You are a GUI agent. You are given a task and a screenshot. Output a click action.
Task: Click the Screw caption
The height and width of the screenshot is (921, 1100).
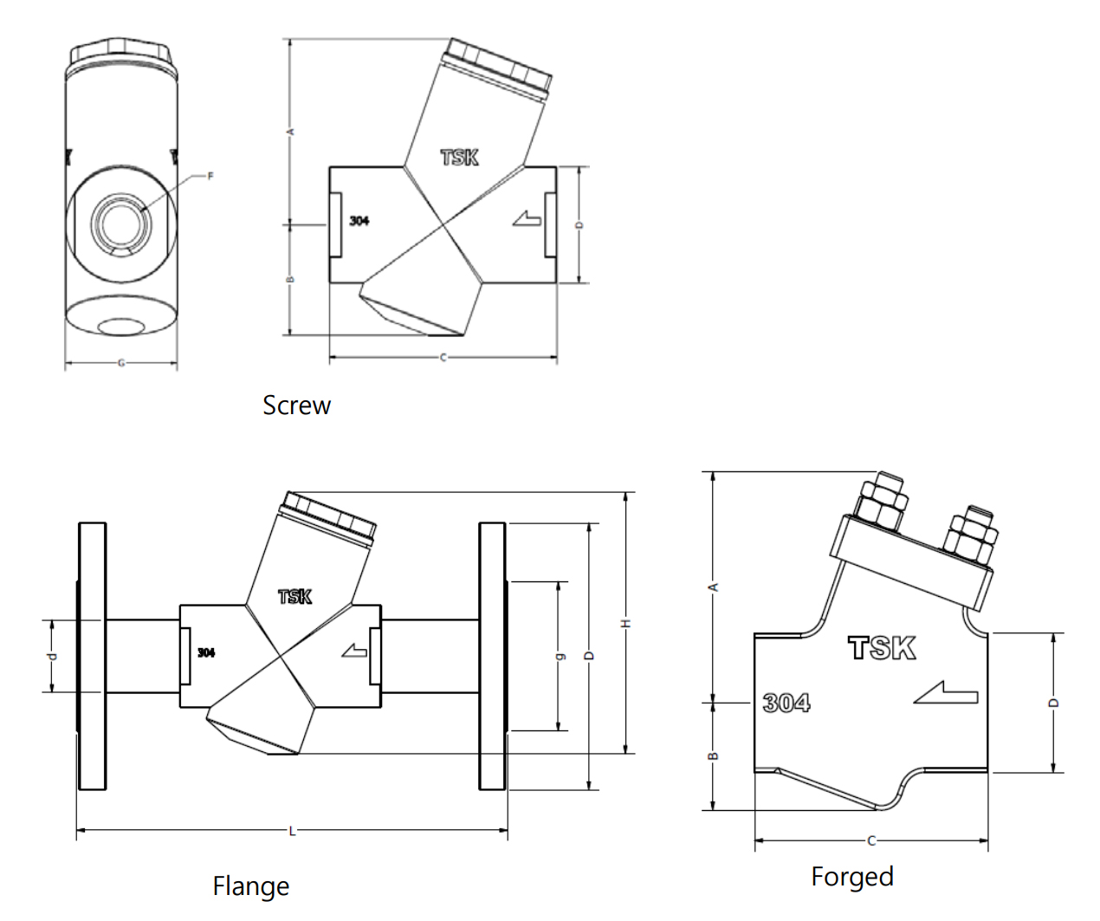click(x=296, y=405)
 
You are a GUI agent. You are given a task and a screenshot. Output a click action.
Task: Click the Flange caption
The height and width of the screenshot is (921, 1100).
click(x=250, y=886)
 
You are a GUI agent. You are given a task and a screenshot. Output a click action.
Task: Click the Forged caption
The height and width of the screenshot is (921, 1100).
click(x=851, y=877)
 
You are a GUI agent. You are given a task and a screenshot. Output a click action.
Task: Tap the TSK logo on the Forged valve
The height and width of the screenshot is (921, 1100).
click(x=882, y=648)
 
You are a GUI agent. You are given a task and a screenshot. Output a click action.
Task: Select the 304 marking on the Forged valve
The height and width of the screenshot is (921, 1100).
click(x=786, y=703)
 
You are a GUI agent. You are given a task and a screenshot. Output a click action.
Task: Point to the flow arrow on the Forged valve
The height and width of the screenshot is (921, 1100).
click(x=946, y=693)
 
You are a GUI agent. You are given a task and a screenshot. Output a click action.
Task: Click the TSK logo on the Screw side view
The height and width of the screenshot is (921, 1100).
click(x=459, y=158)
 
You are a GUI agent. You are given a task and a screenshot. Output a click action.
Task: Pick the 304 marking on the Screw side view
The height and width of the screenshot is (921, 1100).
click(x=359, y=221)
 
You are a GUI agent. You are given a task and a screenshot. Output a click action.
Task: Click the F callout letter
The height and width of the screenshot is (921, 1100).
click(x=210, y=177)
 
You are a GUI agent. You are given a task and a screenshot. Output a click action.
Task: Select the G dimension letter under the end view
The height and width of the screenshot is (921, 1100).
click(x=121, y=363)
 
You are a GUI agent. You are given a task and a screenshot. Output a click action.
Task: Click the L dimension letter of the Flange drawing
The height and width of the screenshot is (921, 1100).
click(x=292, y=832)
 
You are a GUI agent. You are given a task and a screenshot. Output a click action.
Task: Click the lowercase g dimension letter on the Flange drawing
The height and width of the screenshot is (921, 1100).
click(x=559, y=656)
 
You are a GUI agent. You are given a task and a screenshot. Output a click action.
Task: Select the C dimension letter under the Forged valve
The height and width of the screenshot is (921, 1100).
click(x=871, y=840)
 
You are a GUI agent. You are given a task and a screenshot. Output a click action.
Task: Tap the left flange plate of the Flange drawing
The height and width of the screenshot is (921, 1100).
click(x=92, y=656)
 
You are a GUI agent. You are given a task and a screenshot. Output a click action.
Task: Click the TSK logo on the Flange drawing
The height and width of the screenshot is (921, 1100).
click(x=294, y=597)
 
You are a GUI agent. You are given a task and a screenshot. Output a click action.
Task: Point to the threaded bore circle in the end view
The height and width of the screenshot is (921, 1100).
click(x=121, y=223)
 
